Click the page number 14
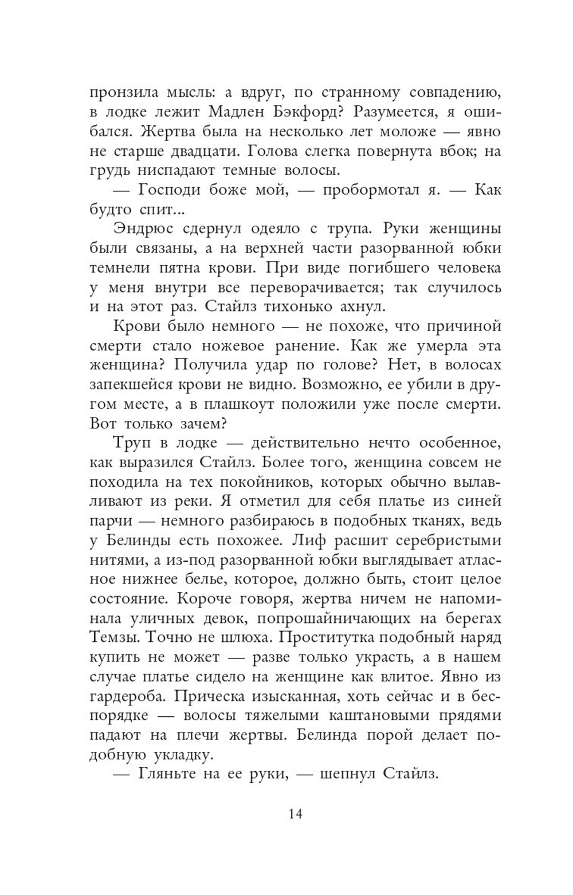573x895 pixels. [296, 813]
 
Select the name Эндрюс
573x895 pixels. [140, 228]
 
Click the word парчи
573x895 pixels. [112, 521]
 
